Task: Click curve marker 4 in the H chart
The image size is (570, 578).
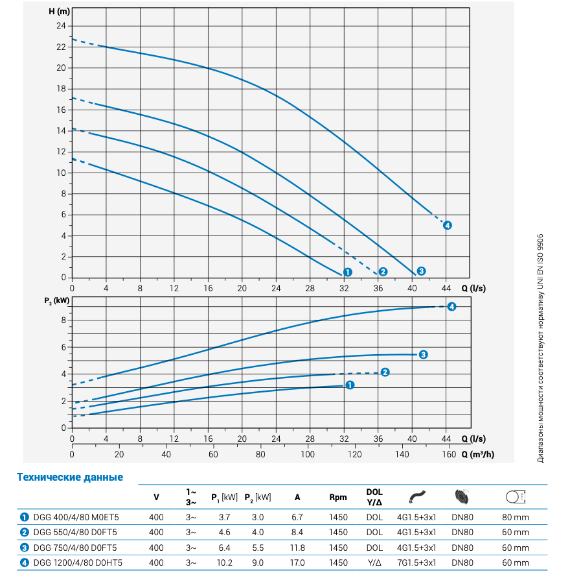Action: click(447, 225)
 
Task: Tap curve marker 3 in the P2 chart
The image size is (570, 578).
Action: click(422, 354)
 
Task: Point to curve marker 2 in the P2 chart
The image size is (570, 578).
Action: click(385, 372)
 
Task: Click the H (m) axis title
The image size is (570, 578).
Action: click(58, 11)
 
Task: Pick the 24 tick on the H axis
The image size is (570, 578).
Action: click(62, 26)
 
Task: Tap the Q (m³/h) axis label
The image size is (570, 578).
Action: click(478, 455)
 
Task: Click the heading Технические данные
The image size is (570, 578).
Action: click(70, 477)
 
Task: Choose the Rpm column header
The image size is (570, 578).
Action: click(338, 498)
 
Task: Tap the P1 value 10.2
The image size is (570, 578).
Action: click(224, 562)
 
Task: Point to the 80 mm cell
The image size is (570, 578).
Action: click(516, 517)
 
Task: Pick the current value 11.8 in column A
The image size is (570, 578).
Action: click(297, 548)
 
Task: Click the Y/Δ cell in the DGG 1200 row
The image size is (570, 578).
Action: click(374, 562)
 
